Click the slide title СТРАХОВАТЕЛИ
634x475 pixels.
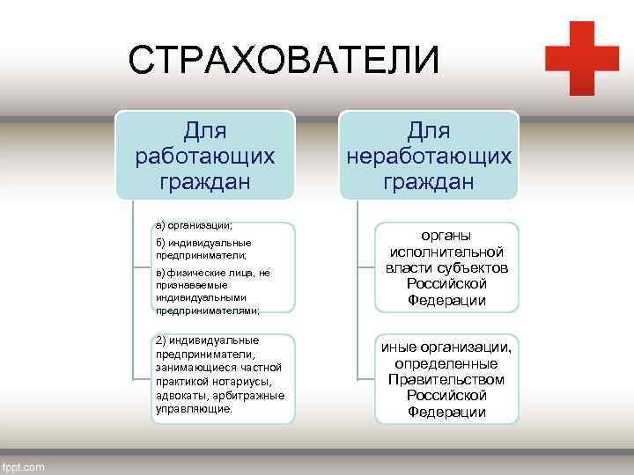(282, 62)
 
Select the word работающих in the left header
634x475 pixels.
(204, 157)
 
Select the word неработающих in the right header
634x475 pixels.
(429, 157)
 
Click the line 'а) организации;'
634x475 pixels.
(194, 225)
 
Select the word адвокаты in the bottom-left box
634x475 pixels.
(179, 395)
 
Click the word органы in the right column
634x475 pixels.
(446, 236)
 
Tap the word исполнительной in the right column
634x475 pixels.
(446, 252)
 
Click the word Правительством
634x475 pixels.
(446, 380)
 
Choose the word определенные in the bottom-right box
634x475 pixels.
(446, 363)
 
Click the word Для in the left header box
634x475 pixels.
(204, 131)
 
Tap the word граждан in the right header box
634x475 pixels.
(429, 182)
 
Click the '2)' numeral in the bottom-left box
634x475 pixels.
(160, 340)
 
